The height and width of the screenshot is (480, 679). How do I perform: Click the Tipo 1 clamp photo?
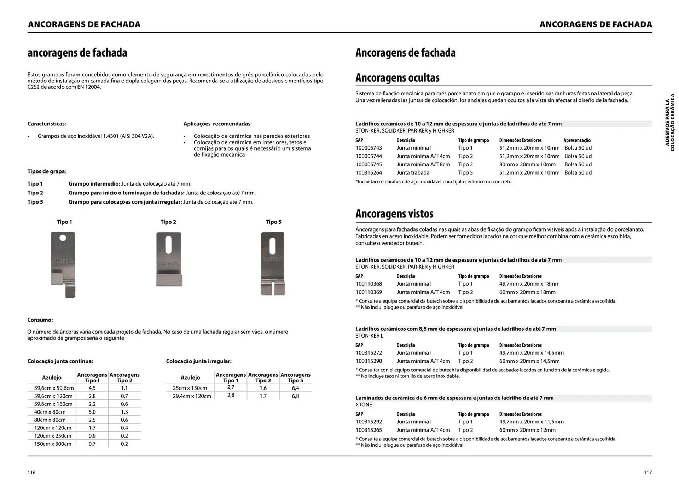[63, 264]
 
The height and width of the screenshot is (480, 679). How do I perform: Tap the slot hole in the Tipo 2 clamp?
[168, 245]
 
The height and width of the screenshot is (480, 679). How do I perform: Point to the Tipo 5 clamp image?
[273, 263]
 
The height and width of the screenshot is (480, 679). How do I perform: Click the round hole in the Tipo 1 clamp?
[63, 238]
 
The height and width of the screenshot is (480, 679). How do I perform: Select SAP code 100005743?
[368, 148]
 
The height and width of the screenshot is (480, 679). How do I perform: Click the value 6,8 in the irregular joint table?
[295, 396]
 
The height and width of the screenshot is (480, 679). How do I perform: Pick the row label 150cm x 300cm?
[53, 444]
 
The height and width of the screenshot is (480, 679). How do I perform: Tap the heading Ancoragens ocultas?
[397, 78]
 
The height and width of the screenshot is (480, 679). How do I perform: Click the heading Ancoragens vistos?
[394, 214]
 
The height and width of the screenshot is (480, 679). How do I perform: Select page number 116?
[31, 473]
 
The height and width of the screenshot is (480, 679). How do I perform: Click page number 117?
[648, 473]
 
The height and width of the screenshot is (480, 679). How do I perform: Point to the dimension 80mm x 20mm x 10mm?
[527, 164]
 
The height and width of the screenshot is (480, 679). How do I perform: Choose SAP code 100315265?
[368, 430]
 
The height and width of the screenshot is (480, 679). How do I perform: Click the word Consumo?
[40, 320]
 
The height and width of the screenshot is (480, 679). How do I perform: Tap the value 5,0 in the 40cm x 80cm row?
[92, 412]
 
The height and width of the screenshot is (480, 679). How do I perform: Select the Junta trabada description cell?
[413, 173]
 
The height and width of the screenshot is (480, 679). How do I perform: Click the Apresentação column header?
[577, 140]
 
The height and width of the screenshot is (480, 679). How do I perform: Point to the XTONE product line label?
[364, 405]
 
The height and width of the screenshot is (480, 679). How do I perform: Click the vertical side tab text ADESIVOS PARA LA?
[667, 122]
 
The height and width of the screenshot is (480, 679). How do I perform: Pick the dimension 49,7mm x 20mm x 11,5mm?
[531, 422]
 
